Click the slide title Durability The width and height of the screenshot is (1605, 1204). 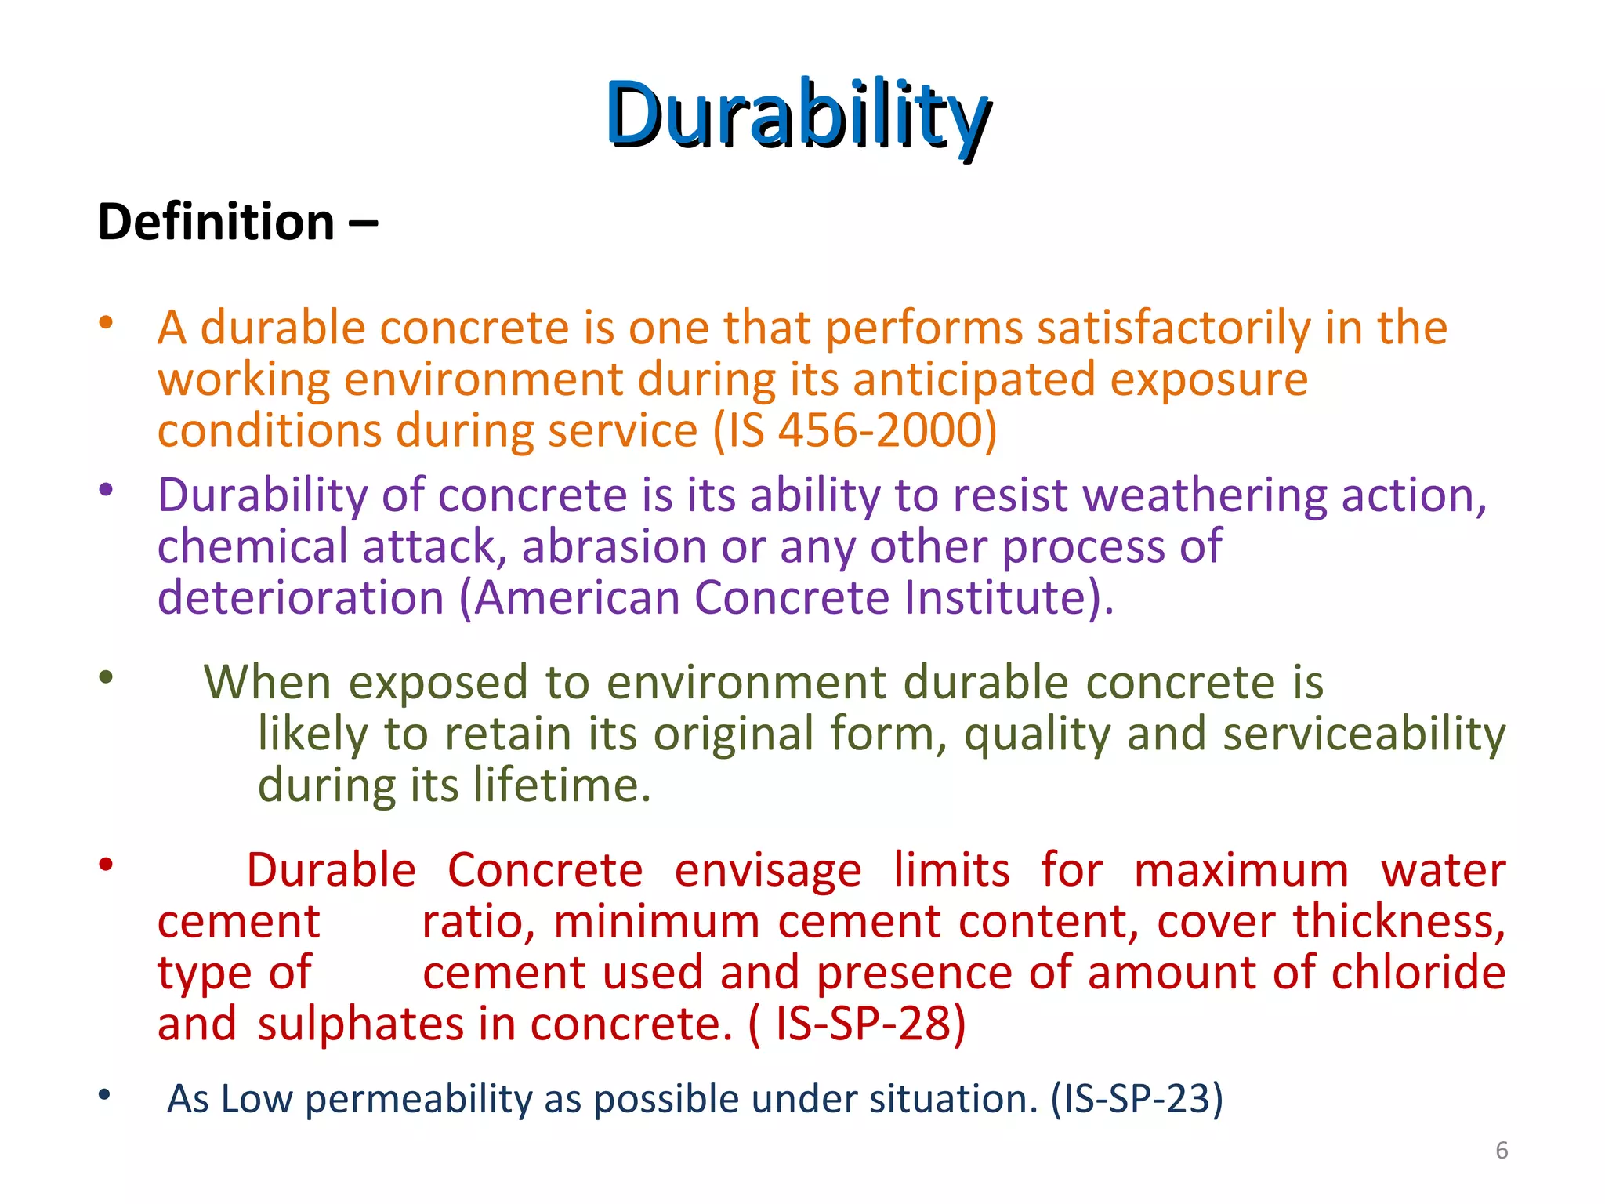[798, 116]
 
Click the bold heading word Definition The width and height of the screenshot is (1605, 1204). [216, 222]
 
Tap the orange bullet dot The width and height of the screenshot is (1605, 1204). [106, 322]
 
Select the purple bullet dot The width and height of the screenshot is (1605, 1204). [106, 490]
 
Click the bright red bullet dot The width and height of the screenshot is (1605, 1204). [106, 865]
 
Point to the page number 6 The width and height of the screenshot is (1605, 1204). [1502, 1150]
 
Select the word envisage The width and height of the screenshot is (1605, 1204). [767, 870]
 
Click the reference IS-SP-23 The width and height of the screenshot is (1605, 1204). [1135, 1099]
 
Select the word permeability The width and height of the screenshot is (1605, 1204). [418, 1099]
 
